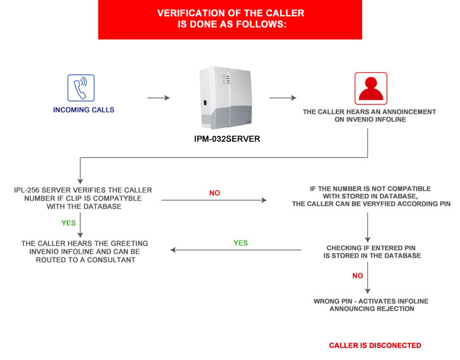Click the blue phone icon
point(81,87)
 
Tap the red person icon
point(371,89)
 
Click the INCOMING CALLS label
point(83,110)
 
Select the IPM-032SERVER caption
point(227,139)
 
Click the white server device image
point(225,98)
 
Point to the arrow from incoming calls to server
point(158,98)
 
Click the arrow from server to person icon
point(283,98)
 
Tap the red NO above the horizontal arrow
point(214,193)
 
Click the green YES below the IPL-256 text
point(68,223)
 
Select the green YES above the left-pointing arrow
point(241,243)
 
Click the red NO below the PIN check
point(357,276)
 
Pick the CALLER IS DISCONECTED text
point(375,346)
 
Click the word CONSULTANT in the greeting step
point(111,260)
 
